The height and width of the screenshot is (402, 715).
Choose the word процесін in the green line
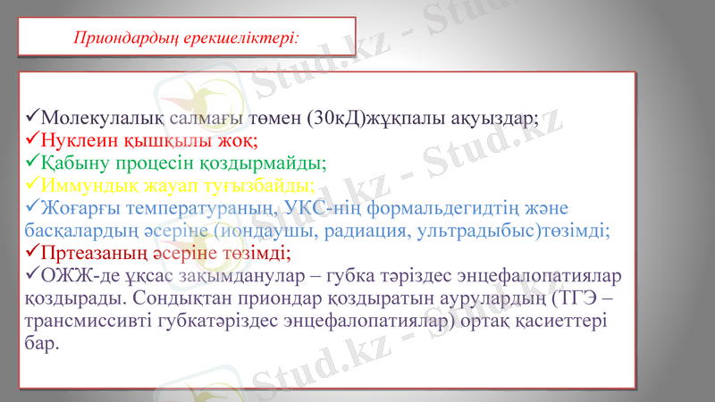coord(156,163)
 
